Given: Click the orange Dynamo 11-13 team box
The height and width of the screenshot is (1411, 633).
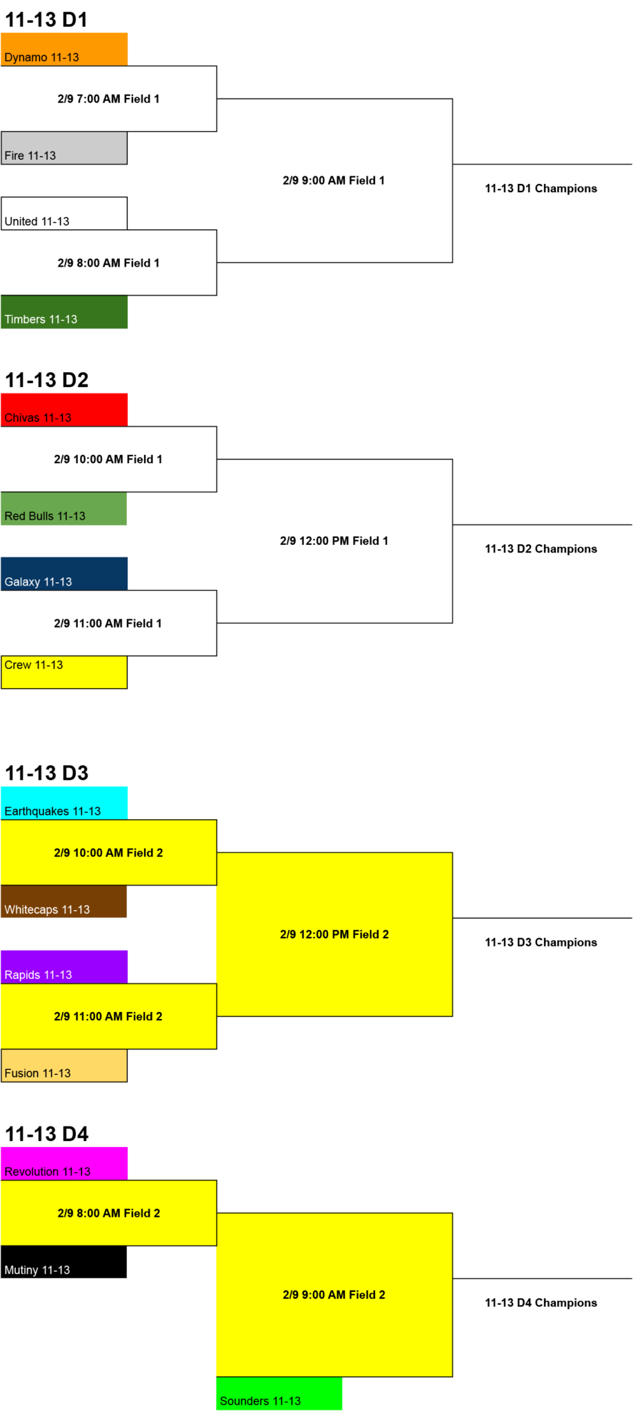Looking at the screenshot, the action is pos(64,49).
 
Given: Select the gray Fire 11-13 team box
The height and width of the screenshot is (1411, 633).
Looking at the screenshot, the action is pos(64,147).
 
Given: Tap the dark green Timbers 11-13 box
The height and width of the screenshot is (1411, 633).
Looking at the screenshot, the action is pos(64,311).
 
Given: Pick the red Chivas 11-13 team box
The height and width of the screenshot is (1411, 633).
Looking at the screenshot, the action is pos(64,409).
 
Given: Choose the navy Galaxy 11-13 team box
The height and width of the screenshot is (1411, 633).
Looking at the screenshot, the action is pos(64,573).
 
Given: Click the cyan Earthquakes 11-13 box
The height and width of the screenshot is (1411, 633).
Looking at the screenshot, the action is pos(64,803).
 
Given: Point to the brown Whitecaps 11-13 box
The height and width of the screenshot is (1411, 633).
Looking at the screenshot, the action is pos(64,901).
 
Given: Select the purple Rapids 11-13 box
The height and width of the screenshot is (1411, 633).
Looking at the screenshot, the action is pos(64,967).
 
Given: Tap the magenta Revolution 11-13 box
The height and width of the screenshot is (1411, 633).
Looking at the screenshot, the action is pos(64,1163).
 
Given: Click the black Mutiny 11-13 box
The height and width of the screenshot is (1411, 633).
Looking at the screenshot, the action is pos(64,1261).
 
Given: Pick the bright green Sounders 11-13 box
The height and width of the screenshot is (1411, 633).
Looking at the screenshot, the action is pos(279,1393).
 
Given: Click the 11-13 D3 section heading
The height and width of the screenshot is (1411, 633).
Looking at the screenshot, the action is pos(47,773).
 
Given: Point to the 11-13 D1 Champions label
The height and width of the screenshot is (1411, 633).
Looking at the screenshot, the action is pos(541,188).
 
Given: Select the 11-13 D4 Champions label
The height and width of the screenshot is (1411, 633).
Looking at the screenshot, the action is pos(541,1302).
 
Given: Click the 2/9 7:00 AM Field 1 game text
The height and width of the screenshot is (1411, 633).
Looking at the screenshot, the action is pos(108,99).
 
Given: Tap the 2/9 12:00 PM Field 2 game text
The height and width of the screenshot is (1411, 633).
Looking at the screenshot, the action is pos(334,934).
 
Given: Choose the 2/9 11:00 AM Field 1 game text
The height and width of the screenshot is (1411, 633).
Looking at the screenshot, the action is pos(108,623).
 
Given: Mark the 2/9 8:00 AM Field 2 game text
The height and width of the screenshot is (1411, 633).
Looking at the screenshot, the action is pos(108,1213).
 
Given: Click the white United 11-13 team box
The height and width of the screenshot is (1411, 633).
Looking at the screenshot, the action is pos(64,214).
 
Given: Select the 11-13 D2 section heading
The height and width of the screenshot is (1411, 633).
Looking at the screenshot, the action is pos(47,380).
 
